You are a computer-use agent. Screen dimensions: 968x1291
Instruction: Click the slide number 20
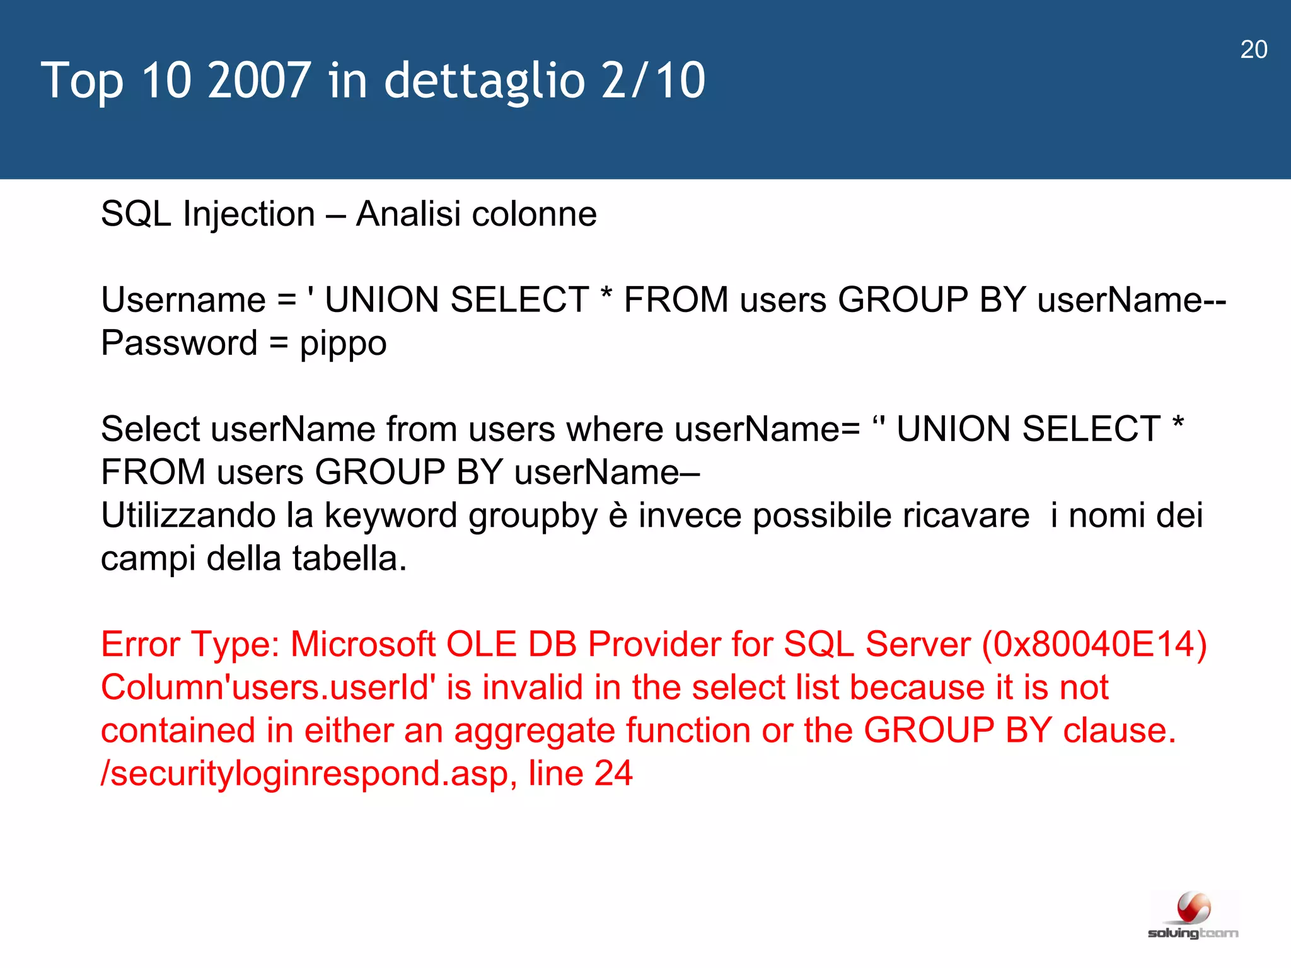(1253, 50)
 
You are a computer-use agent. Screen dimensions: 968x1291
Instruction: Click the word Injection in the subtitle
(248, 215)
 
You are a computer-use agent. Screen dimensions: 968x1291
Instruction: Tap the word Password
(179, 343)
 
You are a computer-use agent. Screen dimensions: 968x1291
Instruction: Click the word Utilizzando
(188, 516)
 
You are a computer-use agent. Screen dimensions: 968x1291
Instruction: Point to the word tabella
(349, 558)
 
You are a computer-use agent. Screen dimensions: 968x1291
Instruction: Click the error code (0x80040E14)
(1094, 645)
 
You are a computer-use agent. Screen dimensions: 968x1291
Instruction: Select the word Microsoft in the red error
(362, 645)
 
